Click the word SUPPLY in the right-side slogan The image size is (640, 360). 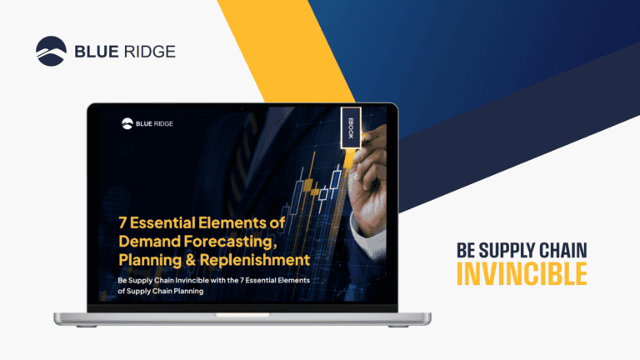509,249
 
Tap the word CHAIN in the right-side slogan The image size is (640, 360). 563,249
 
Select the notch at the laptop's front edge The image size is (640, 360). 242,315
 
